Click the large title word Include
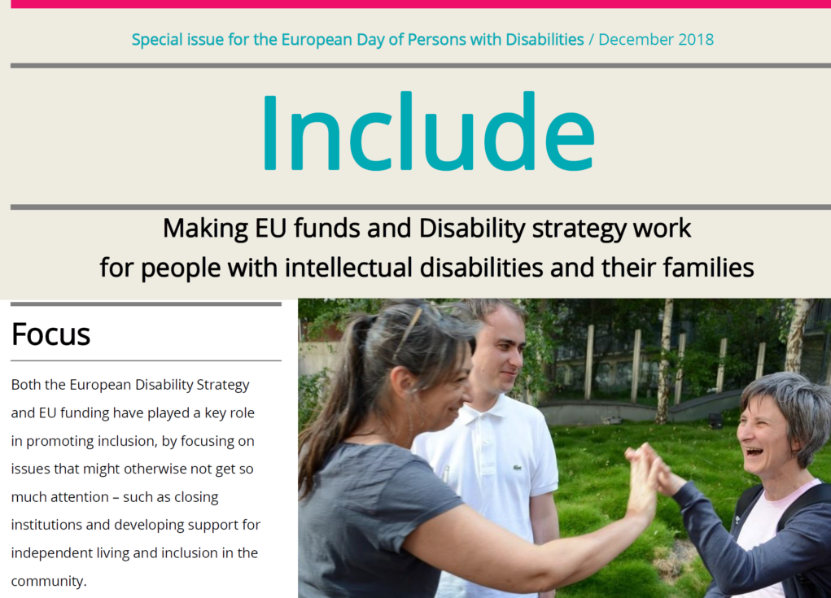click(x=428, y=131)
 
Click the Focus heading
click(x=51, y=334)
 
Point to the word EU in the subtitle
click(x=271, y=229)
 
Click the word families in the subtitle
click(x=708, y=267)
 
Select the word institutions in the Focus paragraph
click(x=46, y=525)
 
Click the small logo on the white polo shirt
click(x=517, y=468)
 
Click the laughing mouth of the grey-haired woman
click(x=754, y=452)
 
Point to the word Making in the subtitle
click(x=205, y=229)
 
